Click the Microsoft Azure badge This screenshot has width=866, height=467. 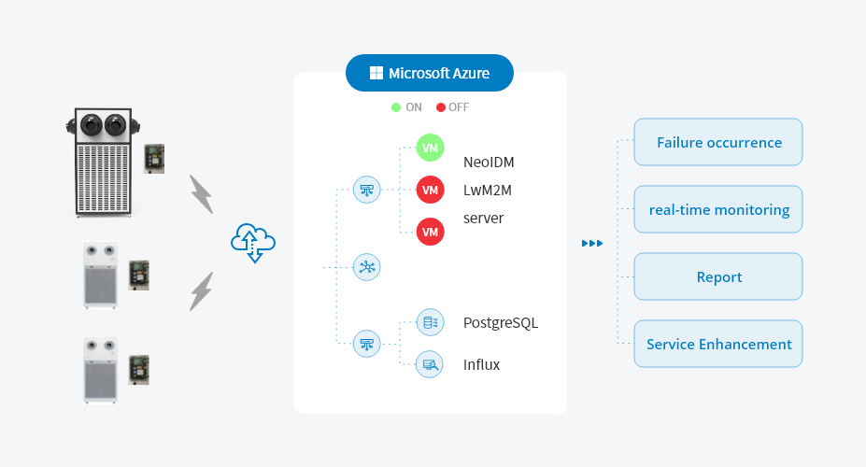click(430, 73)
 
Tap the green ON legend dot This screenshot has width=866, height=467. click(396, 107)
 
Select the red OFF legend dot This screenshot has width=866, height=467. click(441, 107)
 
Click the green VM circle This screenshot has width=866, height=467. click(430, 149)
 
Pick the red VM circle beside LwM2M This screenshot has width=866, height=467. click(430, 191)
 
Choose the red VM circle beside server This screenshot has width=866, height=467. click(430, 231)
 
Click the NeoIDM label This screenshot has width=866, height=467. click(489, 163)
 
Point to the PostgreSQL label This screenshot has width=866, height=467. click(501, 323)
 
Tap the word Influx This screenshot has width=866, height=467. click(481, 364)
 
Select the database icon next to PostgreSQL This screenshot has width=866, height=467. click(430, 323)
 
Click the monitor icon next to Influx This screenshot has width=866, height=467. click(430, 364)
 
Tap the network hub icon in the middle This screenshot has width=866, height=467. click(366, 267)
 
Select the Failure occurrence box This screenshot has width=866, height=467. click(718, 143)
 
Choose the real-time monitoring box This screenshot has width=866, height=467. click(718, 210)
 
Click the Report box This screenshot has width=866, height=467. click(718, 277)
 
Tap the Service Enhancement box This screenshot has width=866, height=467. click(718, 345)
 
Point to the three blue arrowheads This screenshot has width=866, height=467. click(592, 244)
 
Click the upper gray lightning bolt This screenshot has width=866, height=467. click(202, 193)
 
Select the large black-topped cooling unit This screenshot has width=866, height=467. click(103, 163)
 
